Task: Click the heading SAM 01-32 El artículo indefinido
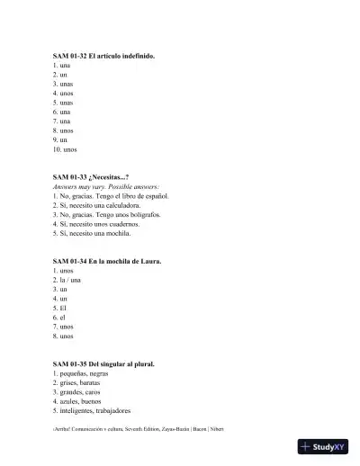coord(103,56)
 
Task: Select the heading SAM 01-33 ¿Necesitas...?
coord(91,177)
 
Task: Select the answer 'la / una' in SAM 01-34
coord(68,280)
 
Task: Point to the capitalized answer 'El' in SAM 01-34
coord(61,308)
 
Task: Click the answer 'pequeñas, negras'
coord(80,373)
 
